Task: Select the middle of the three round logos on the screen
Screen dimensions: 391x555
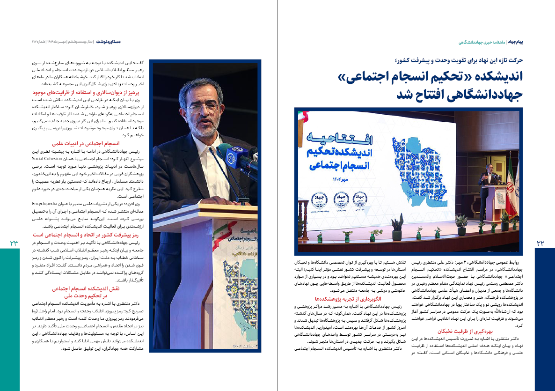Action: (341, 199)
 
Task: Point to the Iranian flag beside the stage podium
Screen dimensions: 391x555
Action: (511, 178)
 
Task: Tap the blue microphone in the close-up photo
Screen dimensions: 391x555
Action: (233, 157)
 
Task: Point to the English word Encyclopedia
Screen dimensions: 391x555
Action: (44, 204)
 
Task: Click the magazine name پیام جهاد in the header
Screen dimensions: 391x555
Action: (529, 42)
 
